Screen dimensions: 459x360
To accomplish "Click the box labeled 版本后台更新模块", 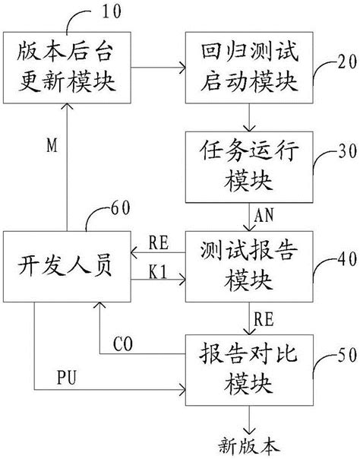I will (x=64, y=69).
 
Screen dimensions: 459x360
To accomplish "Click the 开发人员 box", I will (x=65, y=266).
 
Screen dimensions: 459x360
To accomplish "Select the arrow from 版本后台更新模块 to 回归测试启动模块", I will (x=156, y=69).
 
